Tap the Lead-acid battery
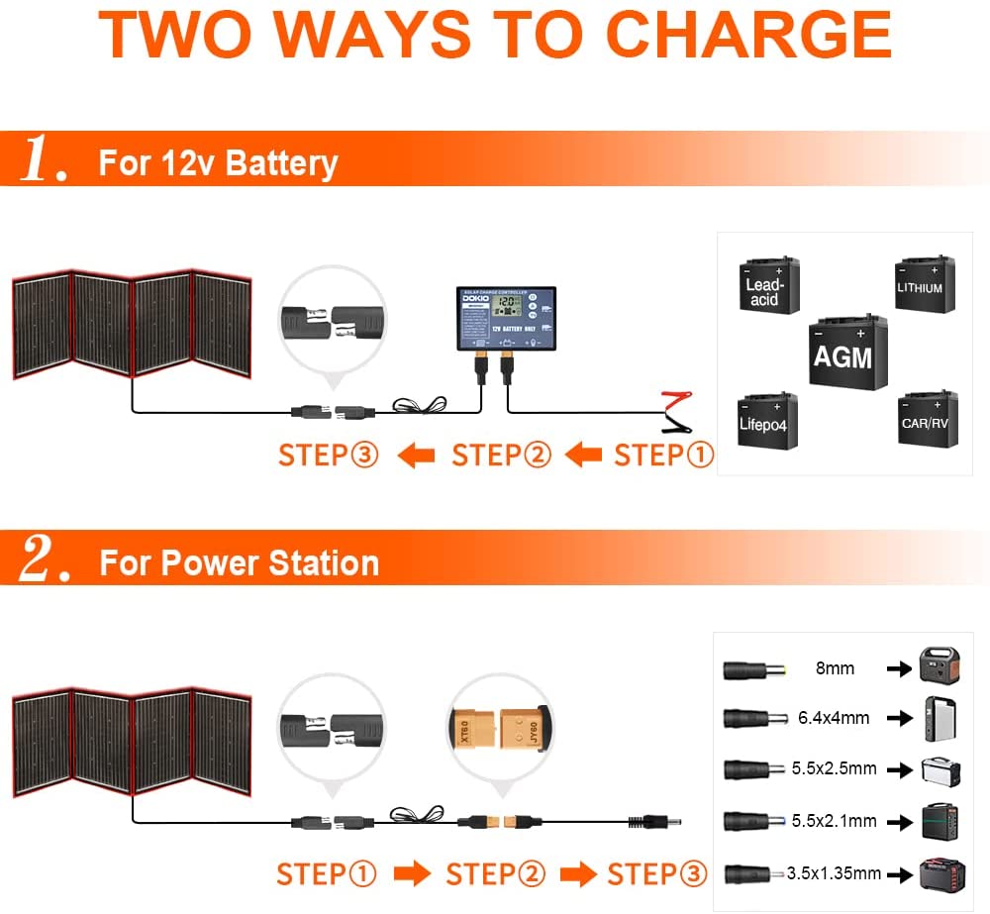click(768, 286)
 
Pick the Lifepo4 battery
click(767, 420)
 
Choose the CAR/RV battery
click(927, 420)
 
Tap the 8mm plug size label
click(835, 668)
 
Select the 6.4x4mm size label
click(834, 718)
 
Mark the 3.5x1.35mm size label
click(834, 873)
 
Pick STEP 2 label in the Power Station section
click(496, 874)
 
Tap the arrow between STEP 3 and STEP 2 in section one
click(416, 456)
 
